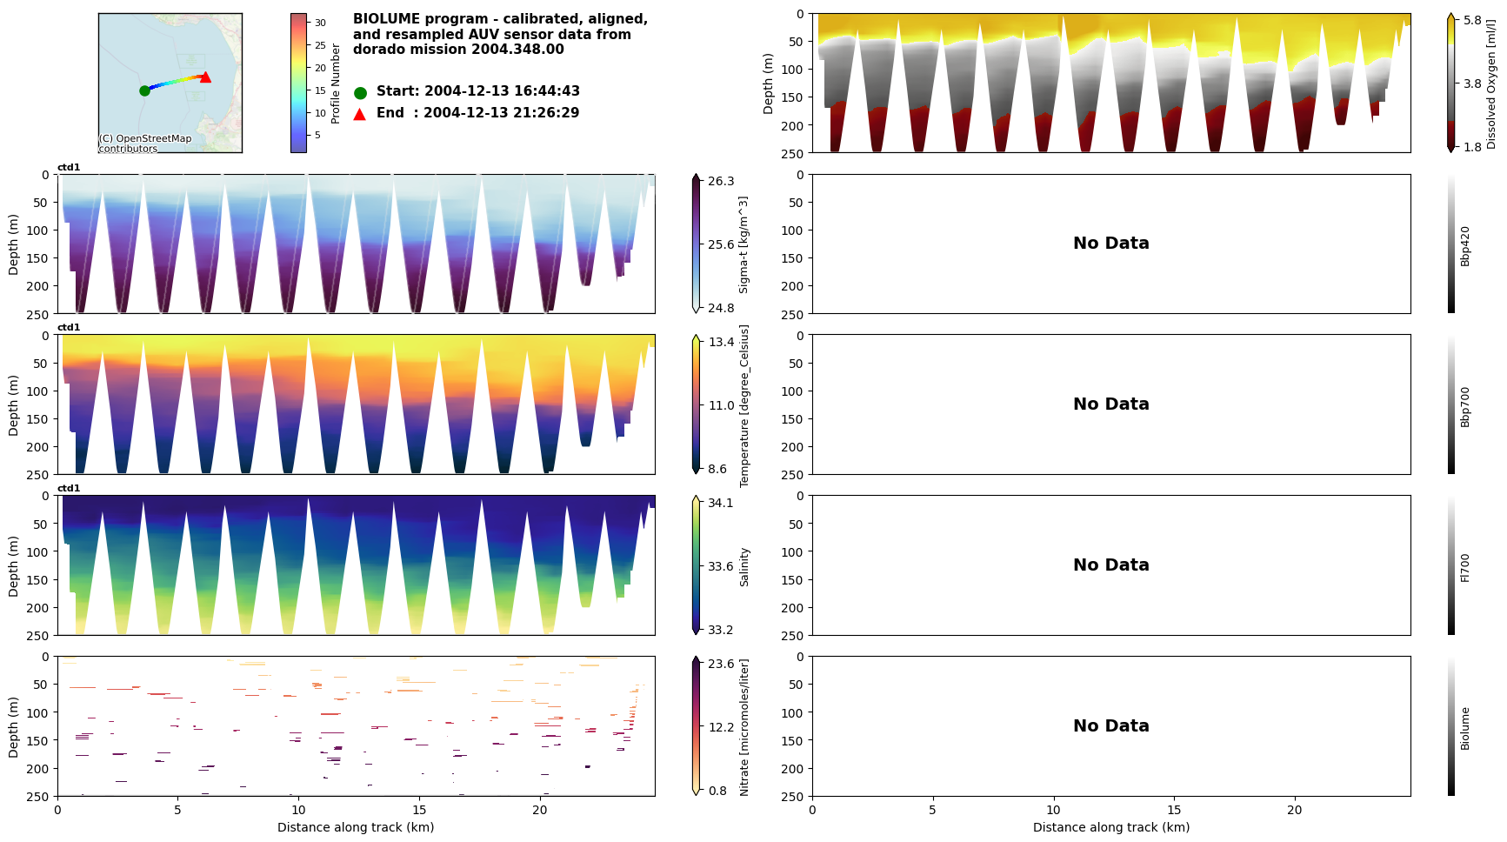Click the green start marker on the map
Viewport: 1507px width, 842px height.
[144, 90]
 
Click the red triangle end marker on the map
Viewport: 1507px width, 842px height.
[205, 77]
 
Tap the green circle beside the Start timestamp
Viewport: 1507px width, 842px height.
[360, 92]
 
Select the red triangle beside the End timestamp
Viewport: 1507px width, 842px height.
[360, 114]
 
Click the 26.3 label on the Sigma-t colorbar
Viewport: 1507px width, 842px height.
[720, 181]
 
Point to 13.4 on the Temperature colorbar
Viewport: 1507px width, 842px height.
[720, 342]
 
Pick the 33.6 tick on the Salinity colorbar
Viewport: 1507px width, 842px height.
[720, 566]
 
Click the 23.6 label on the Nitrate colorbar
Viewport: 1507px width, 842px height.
[720, 664]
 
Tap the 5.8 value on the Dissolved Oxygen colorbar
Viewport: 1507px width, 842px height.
[1472, 20]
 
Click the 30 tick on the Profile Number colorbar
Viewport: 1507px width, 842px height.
[320, 23]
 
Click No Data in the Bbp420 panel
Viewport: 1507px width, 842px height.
[1110, 244]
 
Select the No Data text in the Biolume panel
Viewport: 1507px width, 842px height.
[1110, 726]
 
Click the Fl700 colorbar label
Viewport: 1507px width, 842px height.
[1465, 567]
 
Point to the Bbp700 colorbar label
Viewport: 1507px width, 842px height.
[1465, 406]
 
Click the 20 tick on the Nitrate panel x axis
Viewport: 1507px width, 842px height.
[540, 810]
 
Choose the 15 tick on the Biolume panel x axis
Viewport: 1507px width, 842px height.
[1174, 810]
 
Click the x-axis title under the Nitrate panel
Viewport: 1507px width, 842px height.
[356, 827]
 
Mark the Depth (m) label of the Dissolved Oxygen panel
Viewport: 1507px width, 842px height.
[768, 84]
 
